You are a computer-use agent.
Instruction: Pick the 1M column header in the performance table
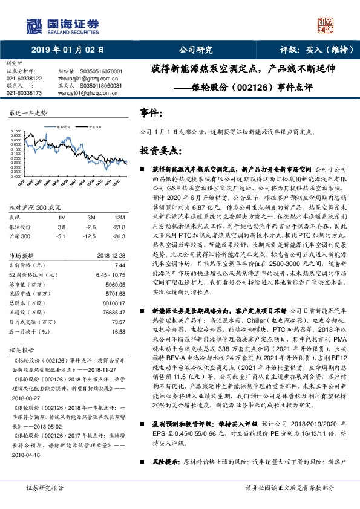coord(61,216)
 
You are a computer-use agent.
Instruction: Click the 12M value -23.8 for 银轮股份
coord(119,225)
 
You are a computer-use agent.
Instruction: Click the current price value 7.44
coord(119,265)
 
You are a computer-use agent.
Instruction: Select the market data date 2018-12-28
coord(111,256)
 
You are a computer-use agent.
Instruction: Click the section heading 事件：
coord(151,113)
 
